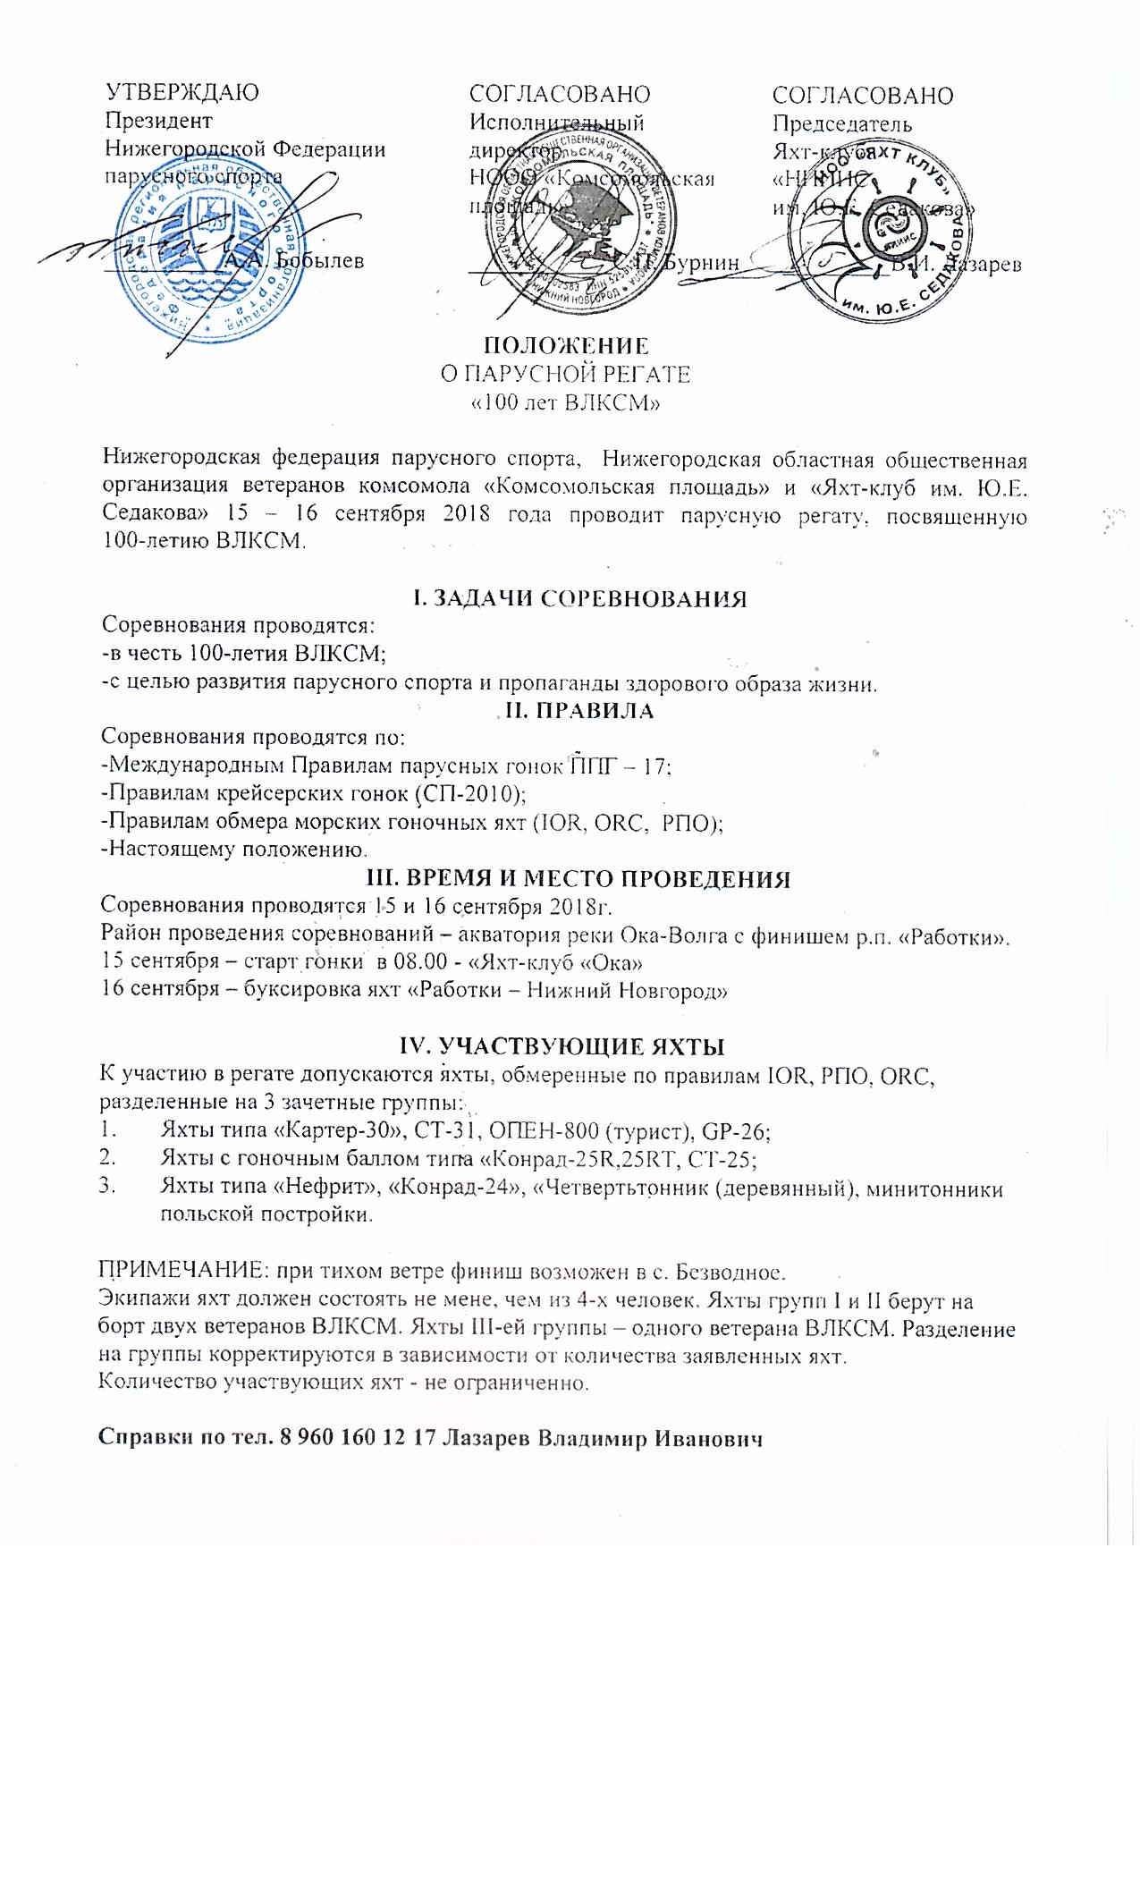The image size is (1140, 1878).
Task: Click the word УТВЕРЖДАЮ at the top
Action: pos(182,94)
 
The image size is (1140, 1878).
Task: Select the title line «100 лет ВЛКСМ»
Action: pos(566,402)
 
